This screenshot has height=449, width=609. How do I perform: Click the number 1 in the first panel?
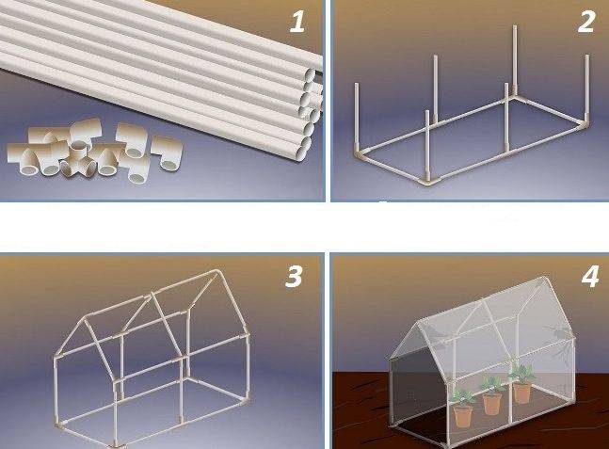pos(297,21)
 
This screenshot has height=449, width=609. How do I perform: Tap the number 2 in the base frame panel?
pos(585,21)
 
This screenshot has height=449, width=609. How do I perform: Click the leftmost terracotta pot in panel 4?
pos(463,415)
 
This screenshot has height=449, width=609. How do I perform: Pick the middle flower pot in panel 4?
pos(491,403)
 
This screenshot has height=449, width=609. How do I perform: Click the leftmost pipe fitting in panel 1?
pos(21,154)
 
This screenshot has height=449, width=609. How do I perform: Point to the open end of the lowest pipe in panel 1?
pos(302,147)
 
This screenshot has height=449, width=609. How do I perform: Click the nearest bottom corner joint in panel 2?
pos(427,183)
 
